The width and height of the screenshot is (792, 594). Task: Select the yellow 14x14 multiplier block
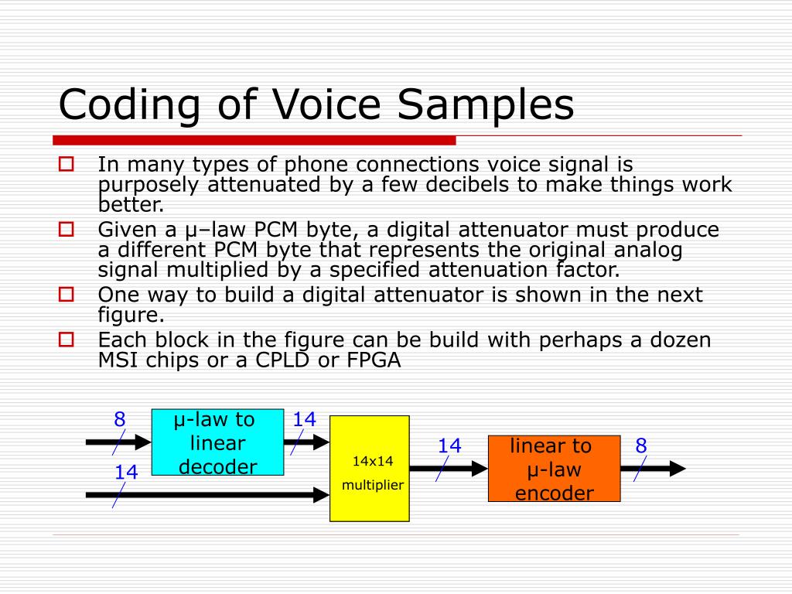(370, 469)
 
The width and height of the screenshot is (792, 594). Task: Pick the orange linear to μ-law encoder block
(554, 469)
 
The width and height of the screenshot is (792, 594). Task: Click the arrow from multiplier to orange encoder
(449, 468)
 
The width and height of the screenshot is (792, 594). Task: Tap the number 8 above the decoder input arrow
(120, 420)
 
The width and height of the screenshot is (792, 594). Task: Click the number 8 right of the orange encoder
(641, 445)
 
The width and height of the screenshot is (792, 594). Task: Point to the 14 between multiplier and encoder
(449, 445)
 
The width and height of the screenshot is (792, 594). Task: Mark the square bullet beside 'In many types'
(67, 164)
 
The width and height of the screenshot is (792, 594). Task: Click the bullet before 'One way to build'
(67, 294)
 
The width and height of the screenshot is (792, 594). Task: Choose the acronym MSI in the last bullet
(115, 360)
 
